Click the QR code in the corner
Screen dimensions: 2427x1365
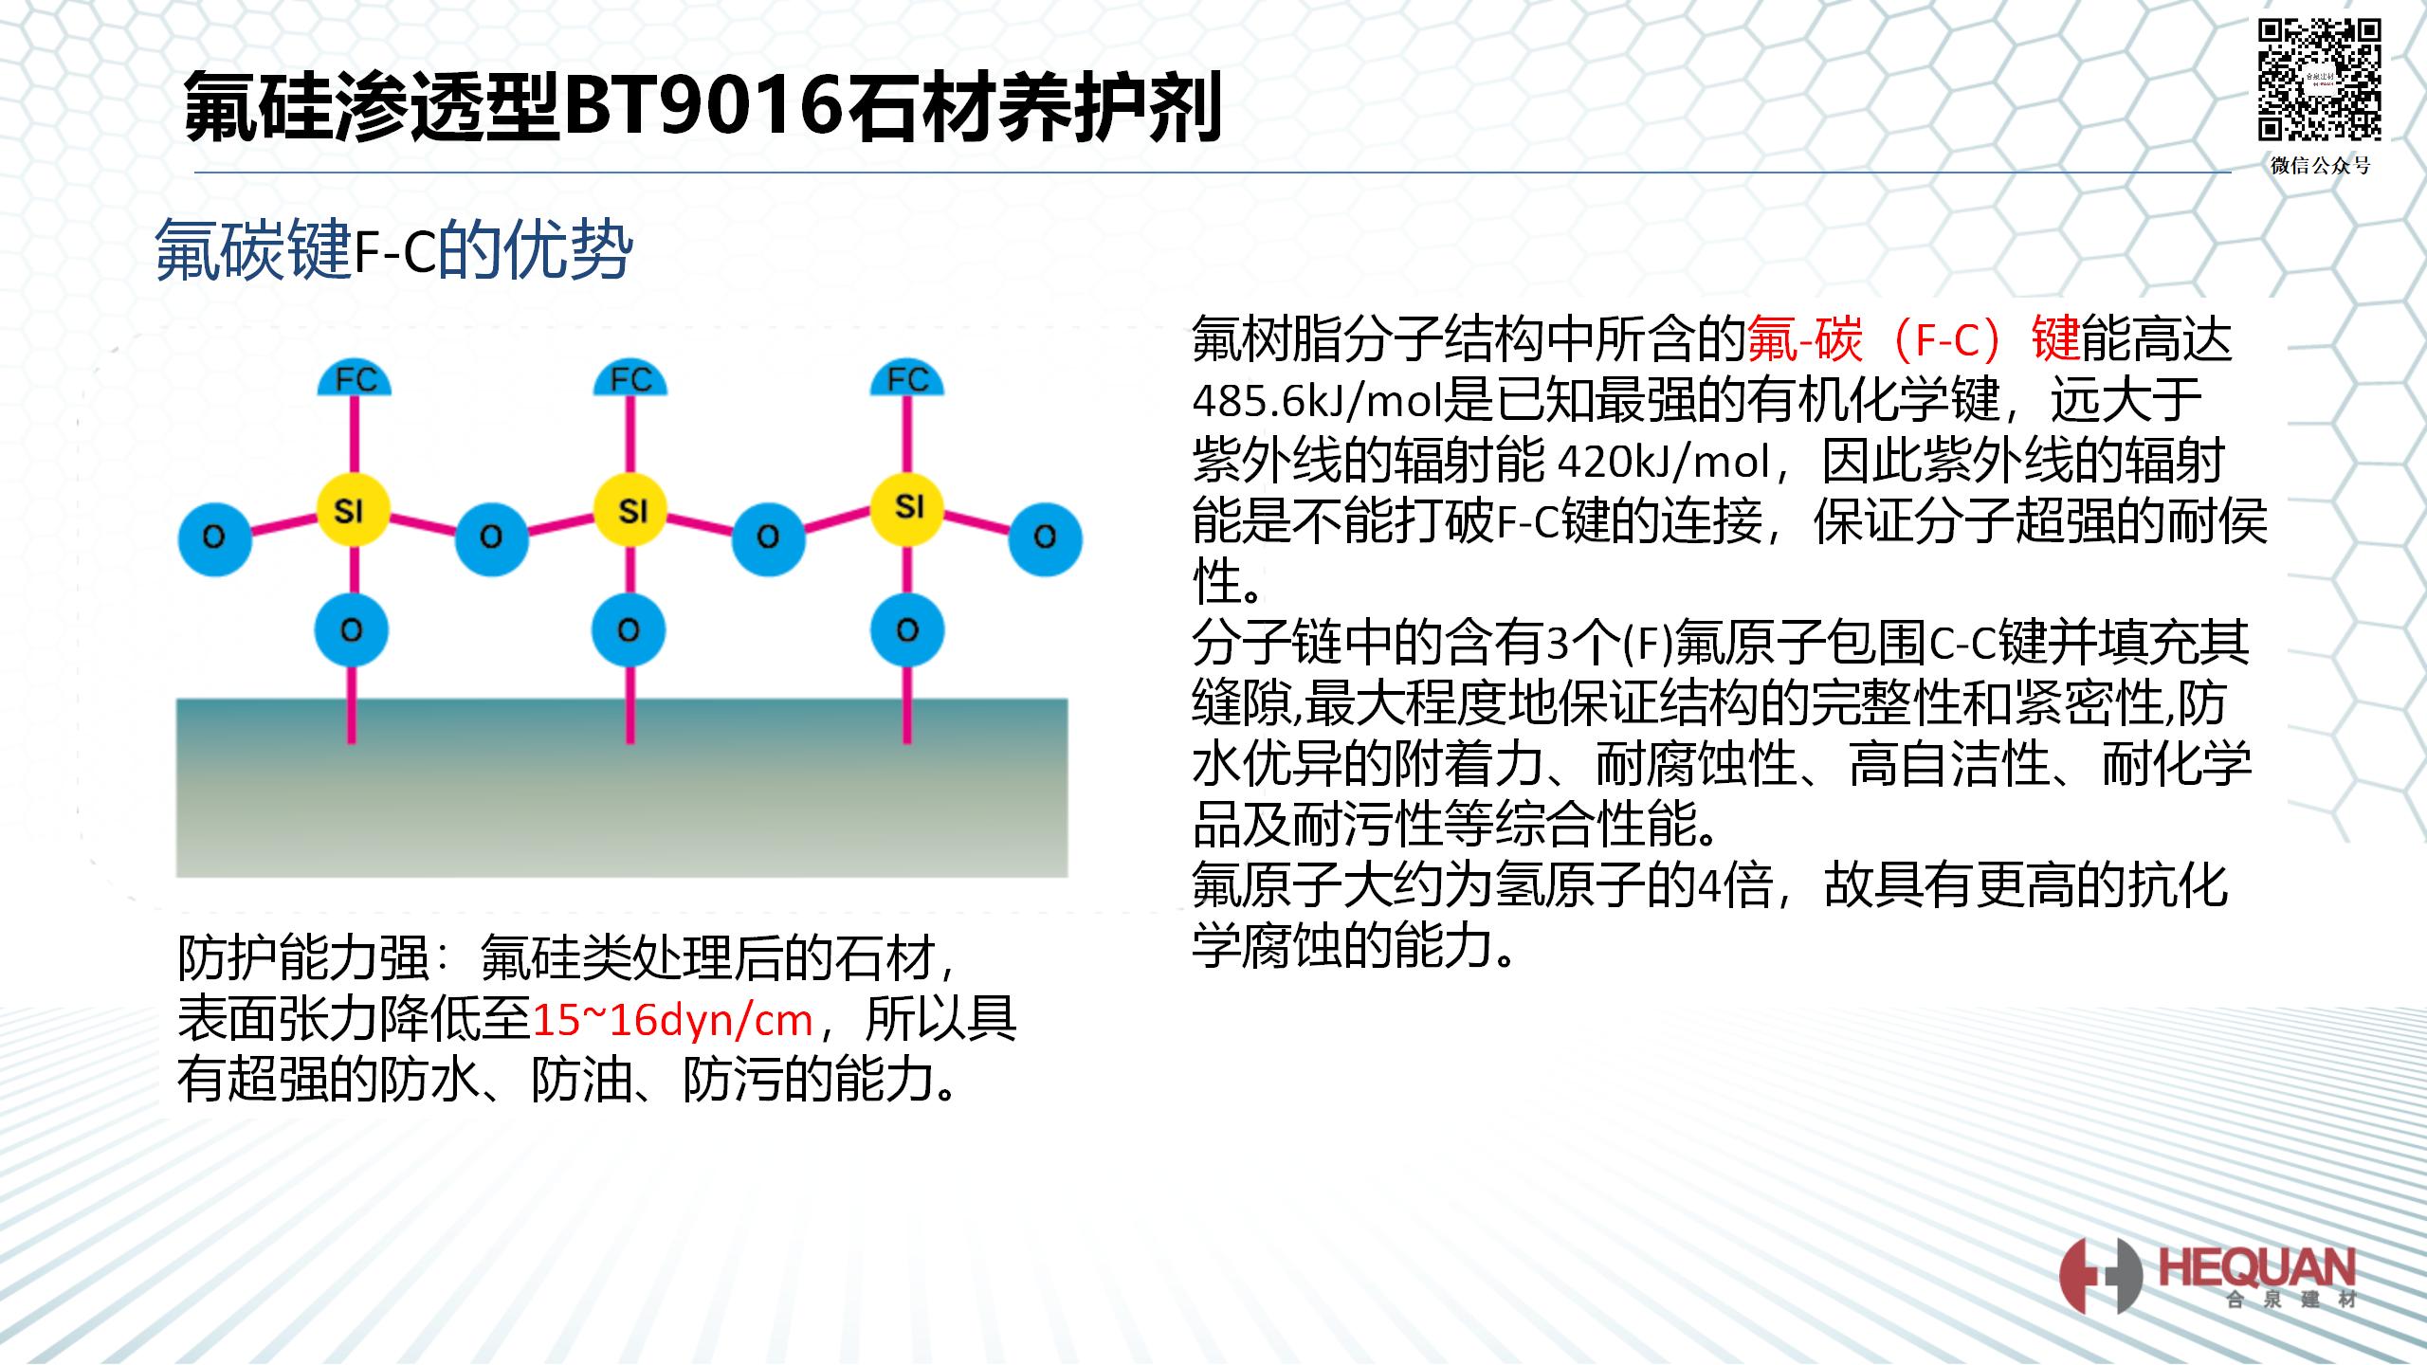pos(2319,80)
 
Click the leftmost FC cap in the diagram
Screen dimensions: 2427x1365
pos(355,379)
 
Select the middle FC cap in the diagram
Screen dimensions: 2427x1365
pos(630,379)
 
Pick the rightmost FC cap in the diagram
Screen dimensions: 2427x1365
pos(907,379)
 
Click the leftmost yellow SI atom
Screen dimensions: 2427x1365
pos(352,511)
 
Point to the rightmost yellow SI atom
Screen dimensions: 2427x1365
pos(908,507)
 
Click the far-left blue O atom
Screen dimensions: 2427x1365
pos(214,537)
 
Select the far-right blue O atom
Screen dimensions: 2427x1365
pos(1045,537)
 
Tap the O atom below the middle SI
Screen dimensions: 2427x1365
pos(629,629)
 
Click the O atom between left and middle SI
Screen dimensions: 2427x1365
pos(491,537)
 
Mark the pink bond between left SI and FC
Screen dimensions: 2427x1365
pos(354,436)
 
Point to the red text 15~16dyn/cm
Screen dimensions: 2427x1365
pos(673,1020)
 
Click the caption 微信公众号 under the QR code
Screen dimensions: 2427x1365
pos(2320,165)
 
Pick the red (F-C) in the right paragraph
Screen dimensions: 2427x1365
pos(1947,341)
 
